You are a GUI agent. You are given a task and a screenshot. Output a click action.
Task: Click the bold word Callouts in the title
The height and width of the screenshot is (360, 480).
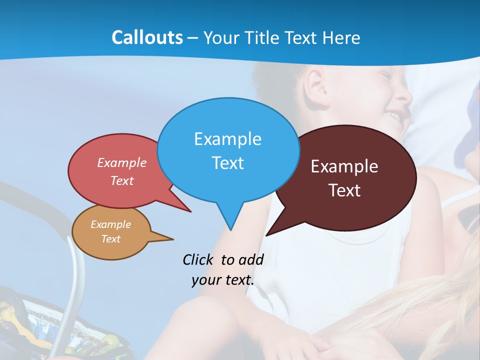pyautogui.click(x=147, y=37)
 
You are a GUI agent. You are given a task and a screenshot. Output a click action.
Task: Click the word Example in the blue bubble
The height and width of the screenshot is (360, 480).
pyautogui.click(x=227, y=138)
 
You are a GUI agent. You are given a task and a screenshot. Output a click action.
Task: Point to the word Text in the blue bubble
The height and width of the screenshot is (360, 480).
pyautogui.click(x=227, y=162)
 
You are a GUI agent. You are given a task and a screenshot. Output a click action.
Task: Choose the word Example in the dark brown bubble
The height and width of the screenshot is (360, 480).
pyautogui.click(x=344, y=166)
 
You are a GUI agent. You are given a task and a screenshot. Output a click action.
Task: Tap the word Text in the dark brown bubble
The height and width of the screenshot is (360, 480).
pyautogui.click(x=344, y=190)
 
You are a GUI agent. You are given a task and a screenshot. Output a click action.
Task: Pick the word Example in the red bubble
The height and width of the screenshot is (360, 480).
pyautogui.click(x=122, y=162)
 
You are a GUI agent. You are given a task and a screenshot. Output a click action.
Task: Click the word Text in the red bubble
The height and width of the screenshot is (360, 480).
pyautogui.click(x=122, y=180)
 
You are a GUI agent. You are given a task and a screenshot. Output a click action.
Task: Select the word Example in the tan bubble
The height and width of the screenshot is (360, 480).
pyautogui.click(x=110, y=224)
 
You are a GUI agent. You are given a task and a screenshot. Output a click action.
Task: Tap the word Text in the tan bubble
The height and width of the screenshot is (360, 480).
pyautogui.click(x=110, y=238)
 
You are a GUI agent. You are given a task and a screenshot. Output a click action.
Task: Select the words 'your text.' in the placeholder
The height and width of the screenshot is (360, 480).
pyautogui.click(x=222, y=280)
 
